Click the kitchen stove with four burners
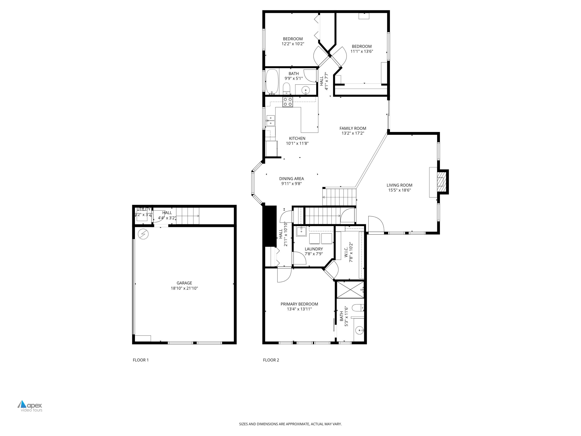pyautogui.click(x=288, y=102)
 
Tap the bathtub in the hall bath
pyautogui.click(x=272, y=81)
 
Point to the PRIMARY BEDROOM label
pyautogui.click(x=299, y=304)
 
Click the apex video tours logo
pyautogui.click(x=30, y=406)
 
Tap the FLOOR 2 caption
pyautogui.click(x=271, y=360)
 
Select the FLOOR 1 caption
pyautogui.click(x=141, y=360)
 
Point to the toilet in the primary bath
pyautogui.click(x=358, y=308)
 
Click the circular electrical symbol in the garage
pyautogui.click(x=143, y=234)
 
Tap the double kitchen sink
pyautogui.click(x=271, y=120)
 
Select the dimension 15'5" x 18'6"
pyautogui.click(x=399, y=190)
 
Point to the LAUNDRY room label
pyautogui.click(x=314, y=249)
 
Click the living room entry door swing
pyautogui.click(x=376, y=224)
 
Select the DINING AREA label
pyautogui.click(x=291, y=179)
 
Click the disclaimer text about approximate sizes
pyautogui.click(x=290, y=424)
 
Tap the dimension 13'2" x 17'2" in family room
pyautogui.click(x=352, y=133)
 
